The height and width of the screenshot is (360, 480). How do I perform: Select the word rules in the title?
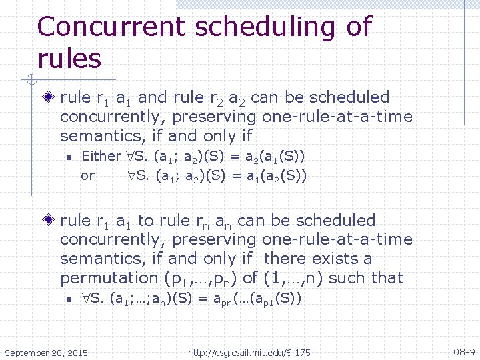point(69,59)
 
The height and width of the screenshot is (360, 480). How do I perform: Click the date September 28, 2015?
point(45,351)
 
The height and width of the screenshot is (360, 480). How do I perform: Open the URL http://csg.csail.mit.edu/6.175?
point(249,351)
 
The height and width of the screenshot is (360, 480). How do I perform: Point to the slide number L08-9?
point(461,351)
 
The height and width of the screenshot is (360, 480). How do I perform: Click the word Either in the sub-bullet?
point(101,157)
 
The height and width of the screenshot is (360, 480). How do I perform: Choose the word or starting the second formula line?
point(87,176)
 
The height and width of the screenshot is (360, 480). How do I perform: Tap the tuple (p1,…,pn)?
point(200,277)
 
